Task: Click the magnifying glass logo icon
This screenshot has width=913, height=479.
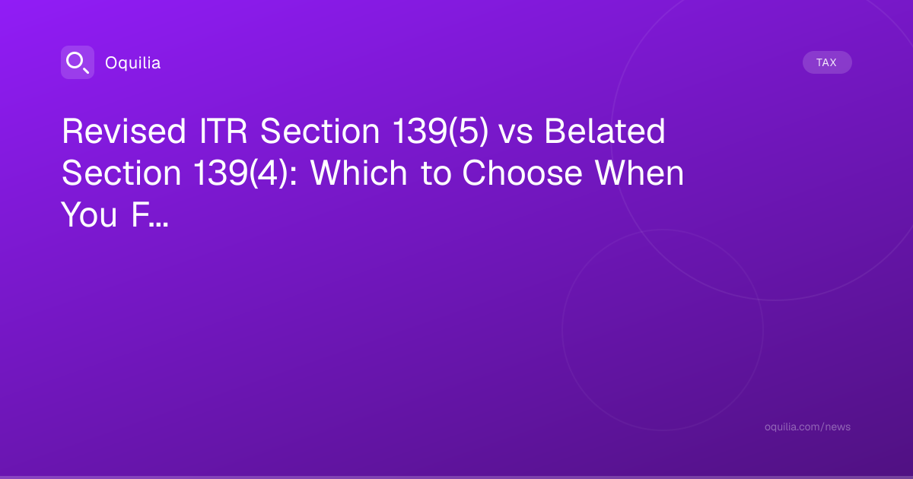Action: pos(78,62)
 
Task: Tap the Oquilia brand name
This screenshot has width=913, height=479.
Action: pos(133,63)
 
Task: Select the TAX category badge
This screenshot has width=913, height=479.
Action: pos(827,62)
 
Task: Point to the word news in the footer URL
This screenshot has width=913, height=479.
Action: pos(838,427)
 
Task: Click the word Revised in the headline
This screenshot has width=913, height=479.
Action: pos(124,131)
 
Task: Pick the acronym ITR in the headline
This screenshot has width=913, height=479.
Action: pos(223,131)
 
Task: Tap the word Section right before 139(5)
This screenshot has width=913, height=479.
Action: pos(320,131)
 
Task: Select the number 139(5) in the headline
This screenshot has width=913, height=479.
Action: pos(441,131)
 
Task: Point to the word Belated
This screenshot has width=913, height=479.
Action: pos(605,131)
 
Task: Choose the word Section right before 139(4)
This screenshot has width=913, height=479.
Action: pos(122,173)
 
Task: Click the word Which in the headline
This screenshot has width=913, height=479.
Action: pos(358,173)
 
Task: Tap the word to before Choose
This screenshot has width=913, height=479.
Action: pos(436,174)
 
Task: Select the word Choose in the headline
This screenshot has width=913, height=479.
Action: pos(522,173)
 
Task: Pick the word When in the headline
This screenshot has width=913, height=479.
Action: pos(639,173)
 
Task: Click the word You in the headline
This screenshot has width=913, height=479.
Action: pos(89,214)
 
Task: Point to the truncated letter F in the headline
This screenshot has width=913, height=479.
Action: pos(139,214)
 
